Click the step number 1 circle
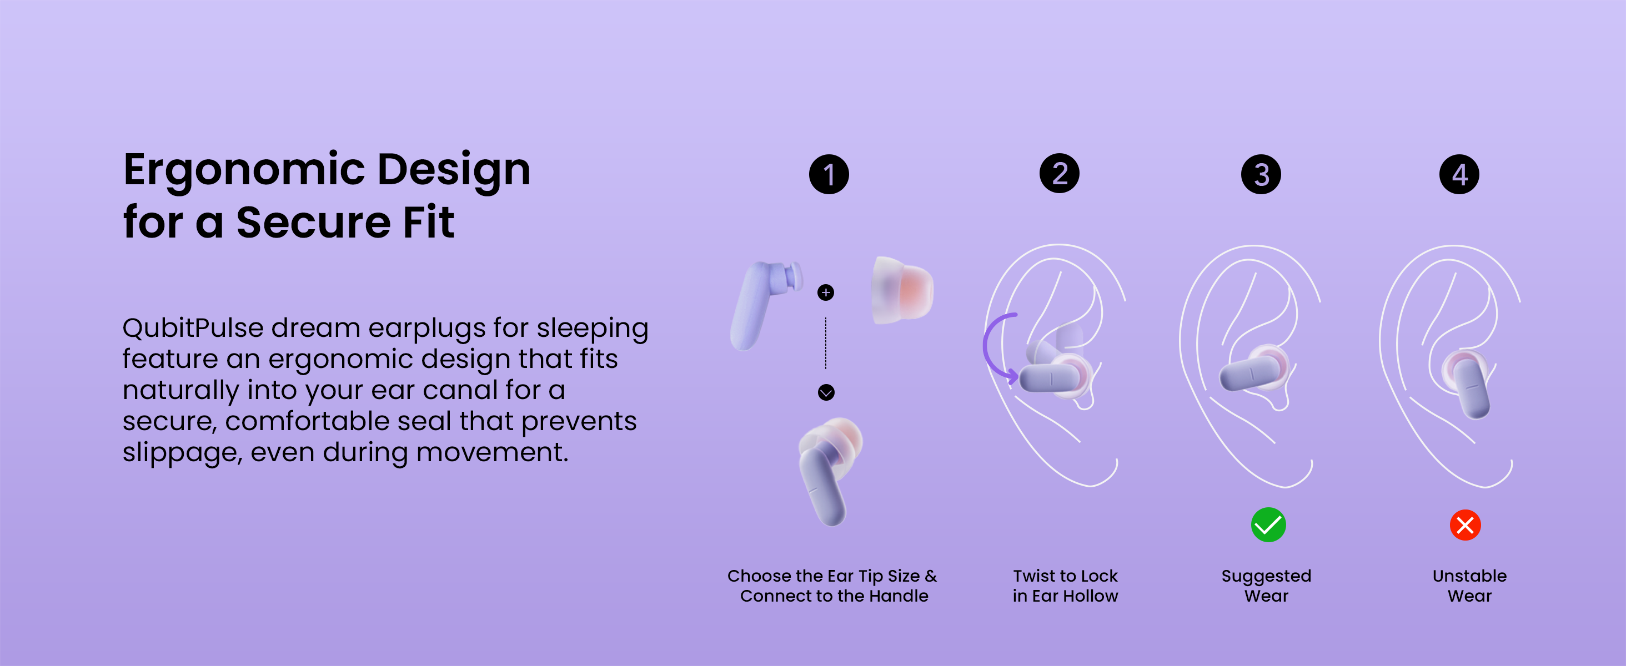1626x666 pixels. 829,174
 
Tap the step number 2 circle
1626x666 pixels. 1059,173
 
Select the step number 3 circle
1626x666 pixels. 1261,174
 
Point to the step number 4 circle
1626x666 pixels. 1459,174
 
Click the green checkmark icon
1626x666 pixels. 1268,524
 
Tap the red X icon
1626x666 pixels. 1465,524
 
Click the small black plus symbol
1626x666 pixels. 826,292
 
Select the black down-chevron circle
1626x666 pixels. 826,392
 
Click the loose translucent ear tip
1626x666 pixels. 901,290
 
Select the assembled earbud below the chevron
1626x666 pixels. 830,471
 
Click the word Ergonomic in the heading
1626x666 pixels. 244,170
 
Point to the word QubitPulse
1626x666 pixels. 193,329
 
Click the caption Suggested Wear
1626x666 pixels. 1266,586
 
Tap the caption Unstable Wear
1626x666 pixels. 1469,586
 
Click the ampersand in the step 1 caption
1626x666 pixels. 931,576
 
